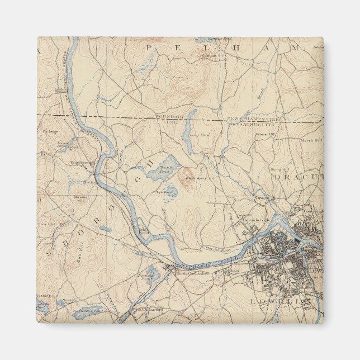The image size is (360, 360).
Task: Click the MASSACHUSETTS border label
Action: coord(250,125)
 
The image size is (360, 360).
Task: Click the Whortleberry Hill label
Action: coord(205,178)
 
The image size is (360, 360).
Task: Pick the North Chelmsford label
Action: coord(192,273)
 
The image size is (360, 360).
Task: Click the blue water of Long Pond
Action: coord(189,131)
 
